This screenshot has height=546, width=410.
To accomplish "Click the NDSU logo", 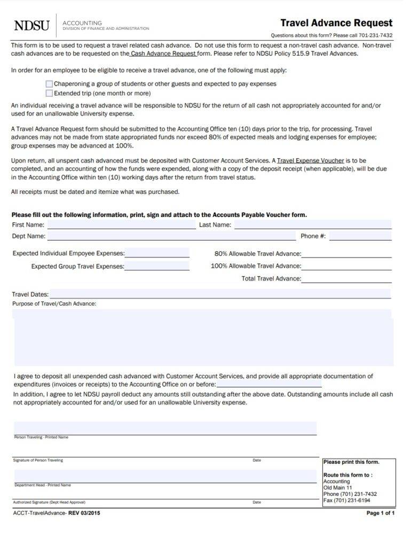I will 31,26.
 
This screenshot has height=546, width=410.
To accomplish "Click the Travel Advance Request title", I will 336,23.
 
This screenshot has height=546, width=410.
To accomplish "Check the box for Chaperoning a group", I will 50,84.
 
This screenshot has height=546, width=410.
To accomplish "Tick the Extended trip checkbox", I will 50,93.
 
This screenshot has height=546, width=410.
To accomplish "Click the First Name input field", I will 121,225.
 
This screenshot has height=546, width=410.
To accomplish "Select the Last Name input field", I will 312,225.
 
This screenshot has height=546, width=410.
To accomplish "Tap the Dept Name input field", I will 171,236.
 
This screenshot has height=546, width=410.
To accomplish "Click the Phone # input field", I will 360,236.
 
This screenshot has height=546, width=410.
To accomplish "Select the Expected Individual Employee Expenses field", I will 157,253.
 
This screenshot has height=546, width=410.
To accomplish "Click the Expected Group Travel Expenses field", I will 157,266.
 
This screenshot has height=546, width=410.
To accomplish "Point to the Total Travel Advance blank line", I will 346,279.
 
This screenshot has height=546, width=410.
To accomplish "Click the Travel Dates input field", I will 220,294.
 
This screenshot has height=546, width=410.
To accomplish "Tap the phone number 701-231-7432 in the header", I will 375,36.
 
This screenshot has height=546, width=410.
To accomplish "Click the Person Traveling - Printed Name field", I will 165,428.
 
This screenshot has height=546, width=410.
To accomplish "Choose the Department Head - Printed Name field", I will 165,476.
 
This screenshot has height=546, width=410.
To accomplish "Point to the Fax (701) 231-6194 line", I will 346,501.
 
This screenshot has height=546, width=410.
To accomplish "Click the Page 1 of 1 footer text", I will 380,513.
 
